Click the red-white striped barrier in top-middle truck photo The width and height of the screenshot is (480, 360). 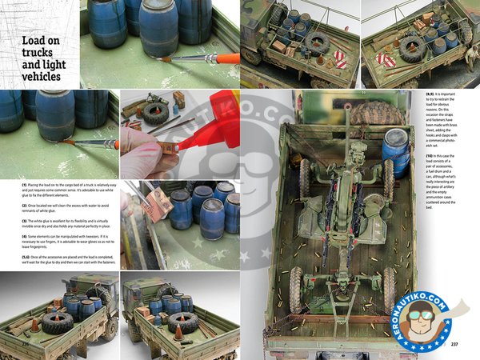[338, 58]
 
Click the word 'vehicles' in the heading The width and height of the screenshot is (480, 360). [37, 77]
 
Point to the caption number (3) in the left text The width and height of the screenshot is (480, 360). [25, 219]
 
